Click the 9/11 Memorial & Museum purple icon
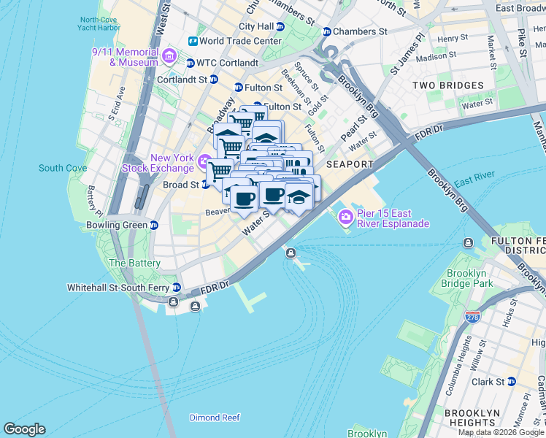pos(169,56)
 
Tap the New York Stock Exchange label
pos(172,163)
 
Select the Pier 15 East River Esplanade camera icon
pos(345,217)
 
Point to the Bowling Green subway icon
pos(154,225)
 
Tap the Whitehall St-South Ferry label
pos(118,288)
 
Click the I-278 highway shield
pos(472,317)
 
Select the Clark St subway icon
pos(511,381)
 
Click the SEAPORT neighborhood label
pos(350,164)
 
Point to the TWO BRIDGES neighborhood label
pos(448,85)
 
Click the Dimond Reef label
pos(215,418)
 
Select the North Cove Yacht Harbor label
pos(99,24)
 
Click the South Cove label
pos(63,168)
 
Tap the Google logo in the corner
pos(24,429)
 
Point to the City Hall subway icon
pos(280,26)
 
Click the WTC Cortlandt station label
pos(228,63)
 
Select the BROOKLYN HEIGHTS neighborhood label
pos(472,417)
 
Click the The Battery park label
pos(134,263)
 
